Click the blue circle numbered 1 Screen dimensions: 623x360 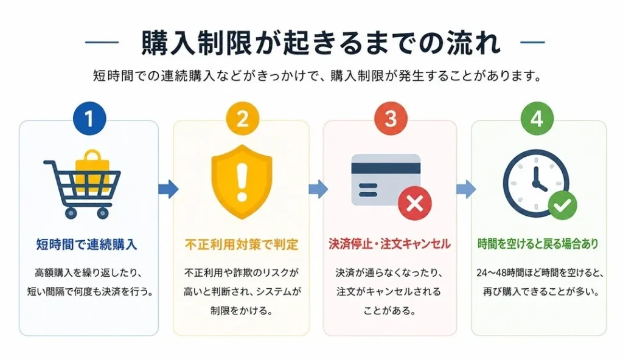point(89,119)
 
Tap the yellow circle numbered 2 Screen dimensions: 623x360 point(242,119)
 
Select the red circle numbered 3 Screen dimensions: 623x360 point(391,119)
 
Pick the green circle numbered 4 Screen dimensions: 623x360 point(537,119)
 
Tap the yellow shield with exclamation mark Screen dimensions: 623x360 point(242,182)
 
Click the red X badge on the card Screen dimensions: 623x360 point(415,204)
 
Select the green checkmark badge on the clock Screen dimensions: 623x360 point(562,206)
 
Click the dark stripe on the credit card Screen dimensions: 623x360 point(386,168)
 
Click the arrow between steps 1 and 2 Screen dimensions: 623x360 point(169,189)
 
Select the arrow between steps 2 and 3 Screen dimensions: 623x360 point(318,189)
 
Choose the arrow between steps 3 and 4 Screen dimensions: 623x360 point(465,189)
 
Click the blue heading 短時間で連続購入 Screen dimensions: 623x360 point(86,244)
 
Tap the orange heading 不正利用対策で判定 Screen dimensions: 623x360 point(242,244)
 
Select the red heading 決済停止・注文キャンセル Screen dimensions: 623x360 point(390,244)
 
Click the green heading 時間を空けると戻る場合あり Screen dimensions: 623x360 point(538,244)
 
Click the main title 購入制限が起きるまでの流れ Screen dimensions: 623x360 point(321,42)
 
